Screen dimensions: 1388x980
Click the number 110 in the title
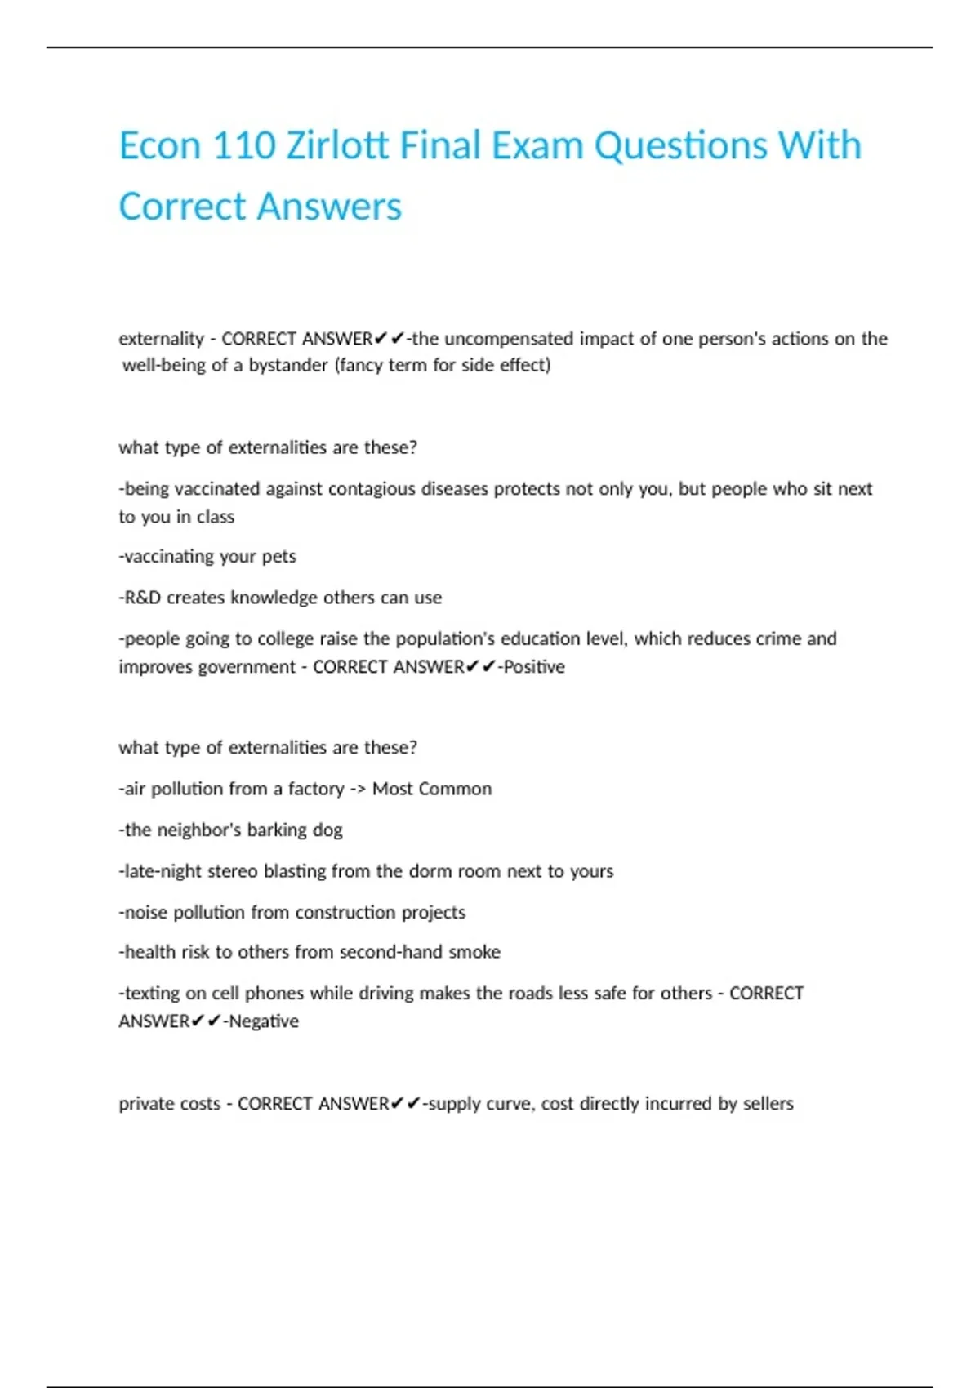coord(243,146)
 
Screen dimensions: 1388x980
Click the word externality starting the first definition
coord(161,339)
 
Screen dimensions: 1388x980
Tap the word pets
coord(278,557)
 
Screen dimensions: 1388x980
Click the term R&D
coord(142,598)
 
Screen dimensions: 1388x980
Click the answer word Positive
coord(534,667)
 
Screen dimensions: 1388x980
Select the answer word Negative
coord(263,1021)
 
